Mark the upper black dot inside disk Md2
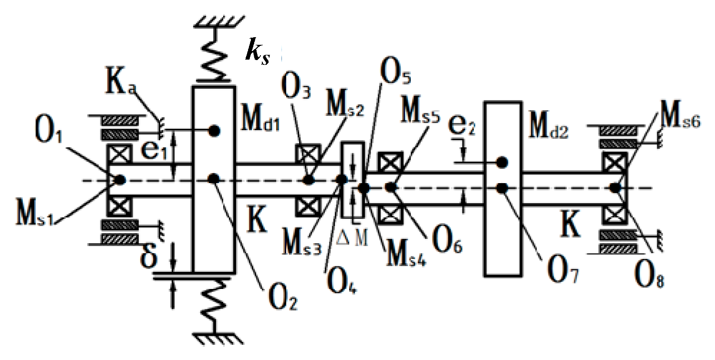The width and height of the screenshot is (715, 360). [501, 163]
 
